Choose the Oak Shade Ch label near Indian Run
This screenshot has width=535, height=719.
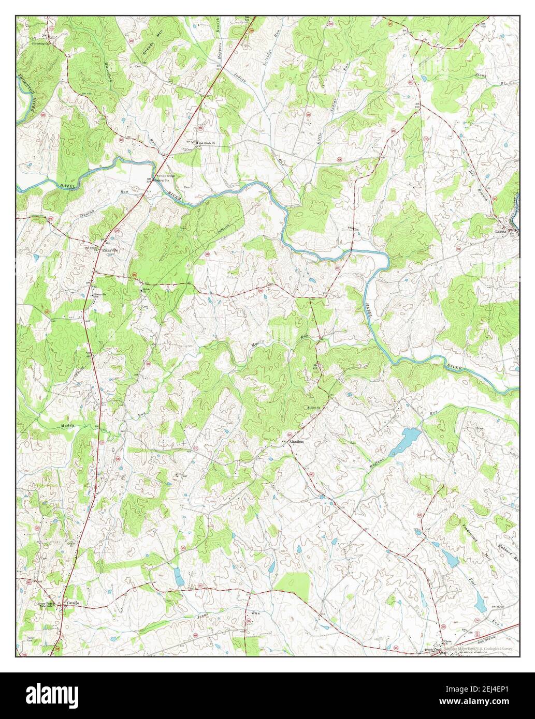(x=205, y=144)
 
